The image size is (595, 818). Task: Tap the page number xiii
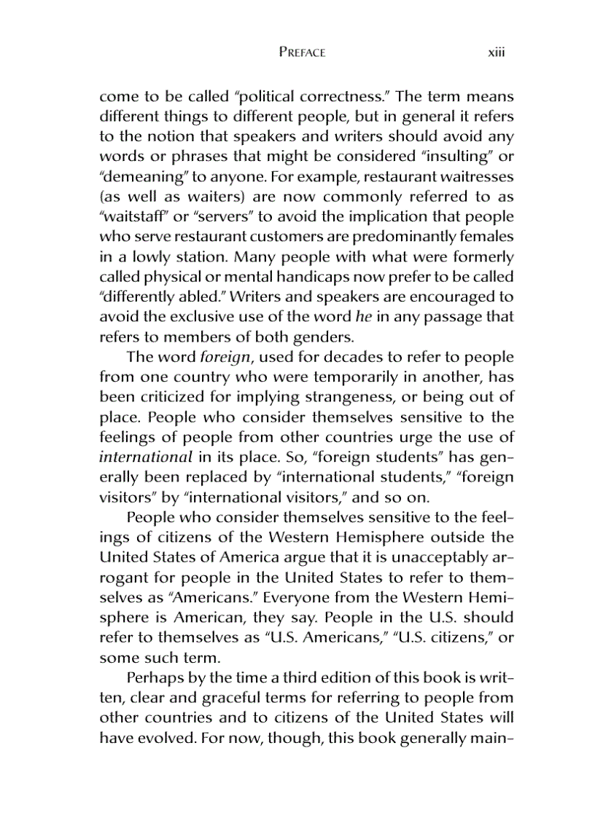pyautogui.click(x=497, y=52)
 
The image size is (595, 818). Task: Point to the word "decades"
pyautogui.click(x=348, y=357)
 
